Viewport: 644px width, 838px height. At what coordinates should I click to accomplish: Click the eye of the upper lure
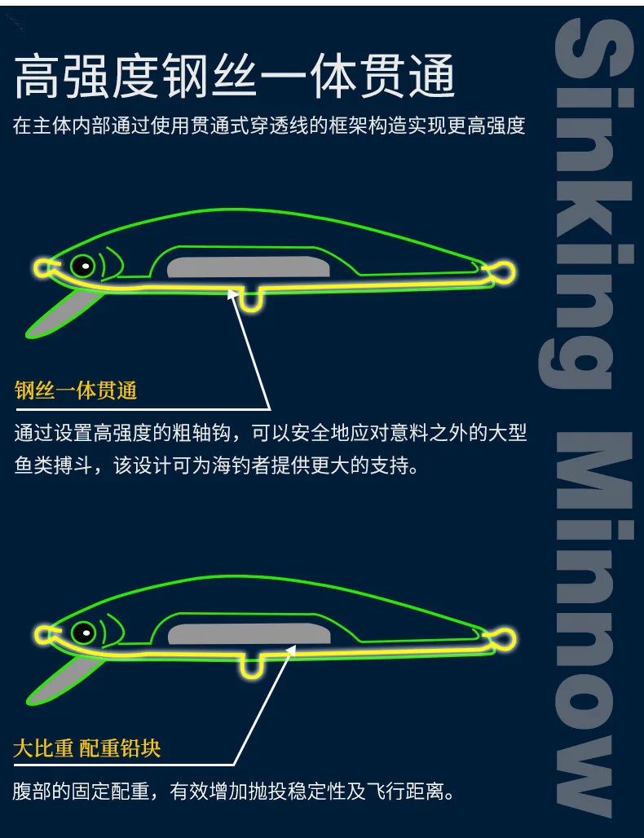point(83,265)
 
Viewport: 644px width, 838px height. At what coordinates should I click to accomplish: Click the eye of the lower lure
point(83,633)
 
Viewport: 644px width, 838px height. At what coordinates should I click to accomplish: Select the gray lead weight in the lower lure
point(249,634)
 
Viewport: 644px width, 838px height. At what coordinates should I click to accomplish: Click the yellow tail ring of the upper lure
point(503,272)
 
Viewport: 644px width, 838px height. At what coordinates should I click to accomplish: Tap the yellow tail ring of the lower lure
point(503,639)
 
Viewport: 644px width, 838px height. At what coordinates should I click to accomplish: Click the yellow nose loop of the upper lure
point(42,267)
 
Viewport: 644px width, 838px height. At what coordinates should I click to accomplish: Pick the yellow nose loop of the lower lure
point(42,635)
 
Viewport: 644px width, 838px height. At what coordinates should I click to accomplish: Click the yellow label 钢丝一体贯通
point(75,390)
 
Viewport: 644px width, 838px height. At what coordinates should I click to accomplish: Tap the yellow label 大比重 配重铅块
point(87,748)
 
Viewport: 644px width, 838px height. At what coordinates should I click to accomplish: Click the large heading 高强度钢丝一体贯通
point(235,77)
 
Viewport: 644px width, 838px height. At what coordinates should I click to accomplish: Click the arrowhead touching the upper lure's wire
point(233,295)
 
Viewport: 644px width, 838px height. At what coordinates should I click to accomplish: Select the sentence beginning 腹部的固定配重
point(233,791)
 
